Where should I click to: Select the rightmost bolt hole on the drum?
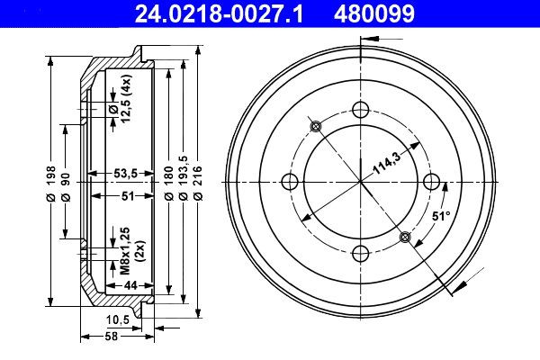pos(431,181)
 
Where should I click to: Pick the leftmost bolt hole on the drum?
pos(290,181)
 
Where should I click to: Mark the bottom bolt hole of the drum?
pos(361,252)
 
